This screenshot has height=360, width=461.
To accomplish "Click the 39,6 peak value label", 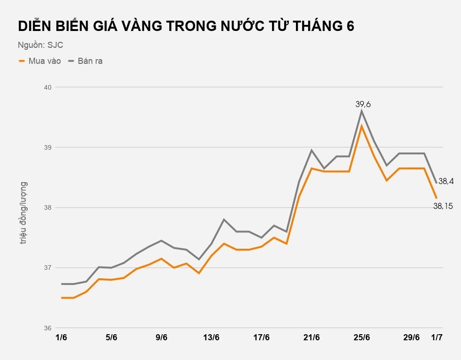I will [x=363, y=104].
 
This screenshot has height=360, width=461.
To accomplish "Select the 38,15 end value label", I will [x=443, y=206].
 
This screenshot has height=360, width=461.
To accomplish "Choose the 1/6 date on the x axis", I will [x=61, y=338].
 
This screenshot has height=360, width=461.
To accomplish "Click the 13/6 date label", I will [x=212, y=338].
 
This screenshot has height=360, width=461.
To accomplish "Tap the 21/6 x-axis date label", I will [x=312, y=338].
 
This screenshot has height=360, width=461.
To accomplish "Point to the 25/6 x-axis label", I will [x=362, y=338].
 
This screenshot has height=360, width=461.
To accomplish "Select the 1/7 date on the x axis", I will [x=437, y=338].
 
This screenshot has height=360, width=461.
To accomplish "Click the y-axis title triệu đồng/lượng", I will [x=23, y=212].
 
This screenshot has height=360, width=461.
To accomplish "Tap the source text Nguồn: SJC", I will [x=40, y=45].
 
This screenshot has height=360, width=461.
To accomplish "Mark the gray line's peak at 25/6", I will [x=362, y=111].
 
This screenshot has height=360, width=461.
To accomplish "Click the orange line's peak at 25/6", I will [x=362, y=126].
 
